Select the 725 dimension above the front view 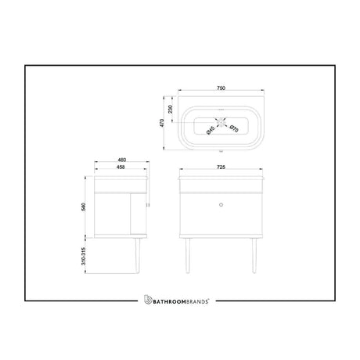pyautogui.click(x=223, y=166)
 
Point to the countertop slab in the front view pyautogui.click(x=223, y=178)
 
